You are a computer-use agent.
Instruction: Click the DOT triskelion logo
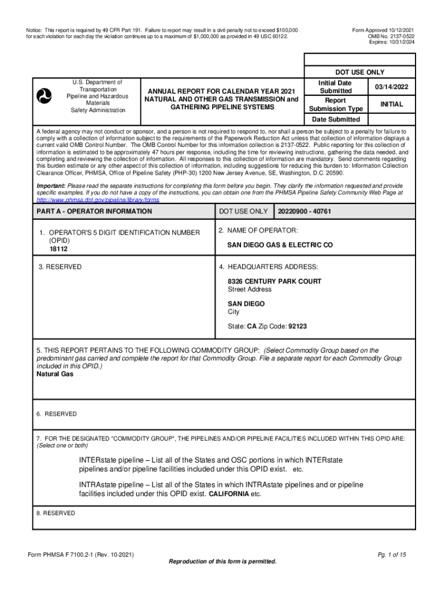(44, 94)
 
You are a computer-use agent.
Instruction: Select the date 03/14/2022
(391, 87)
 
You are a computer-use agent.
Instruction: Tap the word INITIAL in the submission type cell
(391, 104)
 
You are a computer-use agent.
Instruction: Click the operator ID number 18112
(58, 249)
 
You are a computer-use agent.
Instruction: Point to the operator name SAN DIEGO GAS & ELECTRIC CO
(280, 245)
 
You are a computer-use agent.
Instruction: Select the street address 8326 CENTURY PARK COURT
(275, 282)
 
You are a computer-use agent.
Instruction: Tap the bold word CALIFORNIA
(228, 494)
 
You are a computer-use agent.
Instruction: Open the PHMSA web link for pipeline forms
(98, 199)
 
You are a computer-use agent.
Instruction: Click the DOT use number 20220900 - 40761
(304, 212)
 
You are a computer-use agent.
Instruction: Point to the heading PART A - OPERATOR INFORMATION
(94, 212)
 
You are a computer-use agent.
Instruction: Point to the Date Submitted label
(336, 120)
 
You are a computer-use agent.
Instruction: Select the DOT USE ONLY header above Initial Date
(359, 72)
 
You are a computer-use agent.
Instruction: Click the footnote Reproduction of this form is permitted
(222, 562)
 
